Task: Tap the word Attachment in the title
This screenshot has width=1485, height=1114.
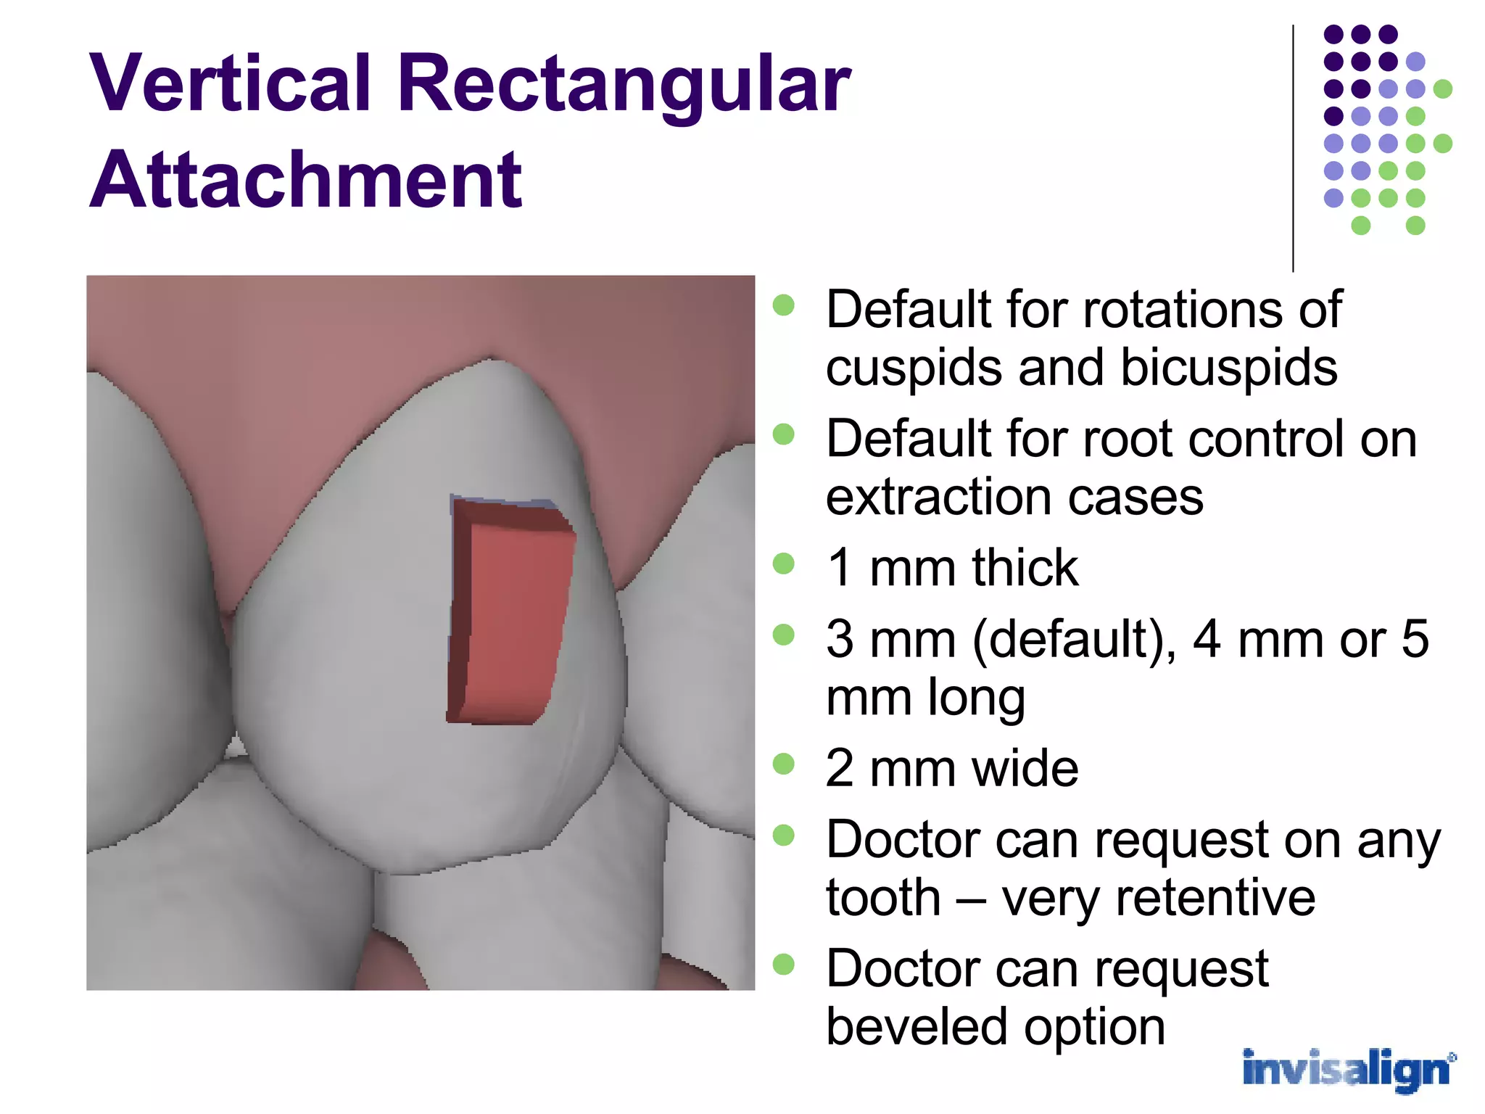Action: pos(305,180)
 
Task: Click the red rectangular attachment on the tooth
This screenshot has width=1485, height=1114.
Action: pos(511,616)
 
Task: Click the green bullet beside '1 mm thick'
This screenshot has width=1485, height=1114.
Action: pos(783,564)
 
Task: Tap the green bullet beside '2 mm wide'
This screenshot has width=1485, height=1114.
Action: pos(783,764)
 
